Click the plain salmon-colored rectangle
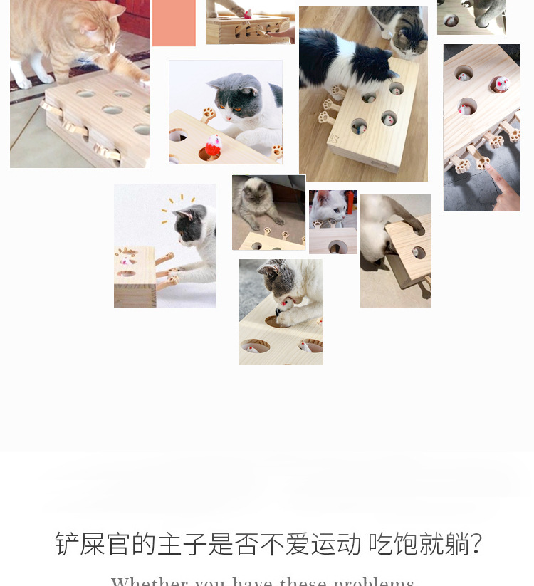(174, 23)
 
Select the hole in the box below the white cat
(337, 246)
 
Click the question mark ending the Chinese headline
(476, 544)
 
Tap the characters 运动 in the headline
(336, 544)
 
